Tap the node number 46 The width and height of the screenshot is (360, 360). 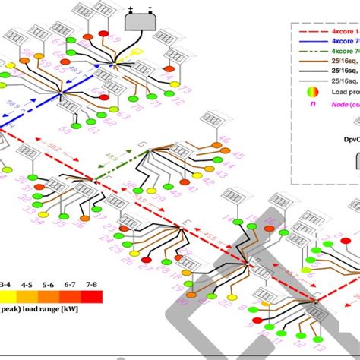[x=225, y=140]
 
